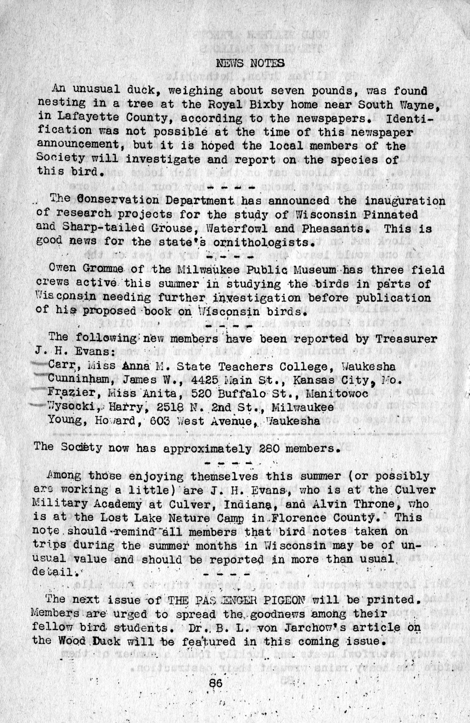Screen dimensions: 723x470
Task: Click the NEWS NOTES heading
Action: click(250, 64)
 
